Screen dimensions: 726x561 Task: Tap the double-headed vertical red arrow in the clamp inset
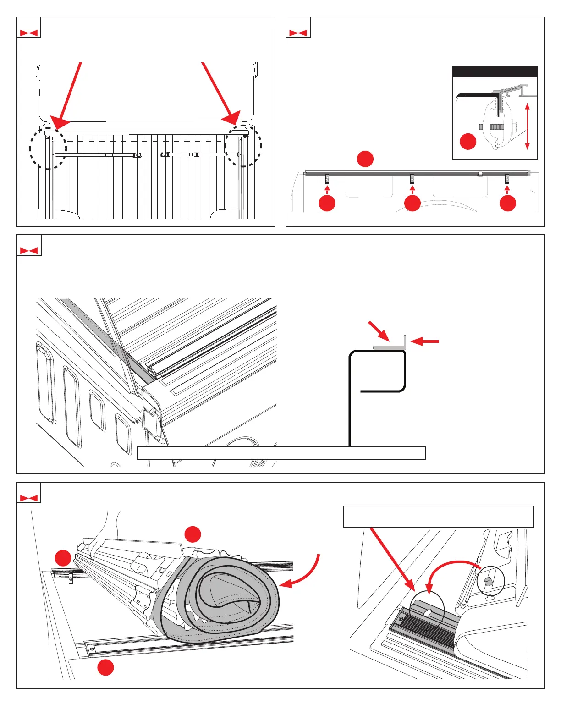click(527, 126)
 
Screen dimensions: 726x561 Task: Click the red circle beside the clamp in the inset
click(468, 141)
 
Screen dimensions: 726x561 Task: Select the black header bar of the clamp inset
click(495, 71)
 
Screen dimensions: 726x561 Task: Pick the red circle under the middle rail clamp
click(412, 203)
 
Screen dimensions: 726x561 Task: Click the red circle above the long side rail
click(365, 159)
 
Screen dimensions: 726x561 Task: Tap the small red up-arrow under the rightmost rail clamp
click(507, 189)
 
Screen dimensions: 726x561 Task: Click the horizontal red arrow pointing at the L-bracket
click(425, 341)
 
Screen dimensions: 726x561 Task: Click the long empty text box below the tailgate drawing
click(281, 453)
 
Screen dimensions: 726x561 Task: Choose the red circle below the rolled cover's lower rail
click(105, 667)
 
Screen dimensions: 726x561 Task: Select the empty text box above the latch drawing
click(438, 517)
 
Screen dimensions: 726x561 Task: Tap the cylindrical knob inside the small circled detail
click(488, 581)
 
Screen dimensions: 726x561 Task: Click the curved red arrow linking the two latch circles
click(451, 571)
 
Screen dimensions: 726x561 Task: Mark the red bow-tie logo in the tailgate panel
click(29, 251)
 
